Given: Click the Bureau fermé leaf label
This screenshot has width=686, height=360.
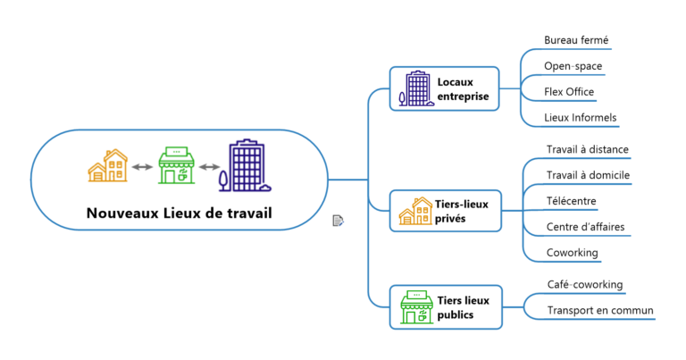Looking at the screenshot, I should click(x=577, y=40).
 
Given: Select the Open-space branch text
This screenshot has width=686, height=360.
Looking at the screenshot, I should click(x=573, y=66).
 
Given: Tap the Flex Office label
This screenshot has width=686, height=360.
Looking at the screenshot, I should click(x=569, y=92).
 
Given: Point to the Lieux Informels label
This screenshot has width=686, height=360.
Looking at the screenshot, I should click(x=581, y=118).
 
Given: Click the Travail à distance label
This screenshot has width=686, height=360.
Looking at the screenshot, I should click(x=588, y=149).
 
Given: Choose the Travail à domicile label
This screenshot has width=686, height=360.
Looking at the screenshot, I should click(x=588, y=175).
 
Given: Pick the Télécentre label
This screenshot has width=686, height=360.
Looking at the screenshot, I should click(x=572, y=201).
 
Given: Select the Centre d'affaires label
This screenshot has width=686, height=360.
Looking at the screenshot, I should click(x=585, y=227).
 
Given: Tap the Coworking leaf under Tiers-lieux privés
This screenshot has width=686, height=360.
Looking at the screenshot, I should click(x=572, y=253).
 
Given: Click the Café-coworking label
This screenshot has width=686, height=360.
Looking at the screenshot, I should click(x=585, y=285).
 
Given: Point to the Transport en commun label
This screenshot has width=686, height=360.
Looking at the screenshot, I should click(x=600, y=311).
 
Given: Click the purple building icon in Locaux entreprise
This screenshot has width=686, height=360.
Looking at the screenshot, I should click(x=416, y=88).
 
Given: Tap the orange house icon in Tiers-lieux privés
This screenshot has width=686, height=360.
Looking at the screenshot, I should click(x=416, y=212).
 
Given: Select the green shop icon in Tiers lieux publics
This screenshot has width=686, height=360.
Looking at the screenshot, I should click(x=416, y=307).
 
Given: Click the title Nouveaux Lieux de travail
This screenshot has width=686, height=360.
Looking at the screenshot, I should click(x=179, y=213).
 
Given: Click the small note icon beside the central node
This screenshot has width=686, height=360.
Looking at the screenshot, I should click(x=339, y=220).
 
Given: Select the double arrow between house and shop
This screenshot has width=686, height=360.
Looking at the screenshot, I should click(x=141, y=167).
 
